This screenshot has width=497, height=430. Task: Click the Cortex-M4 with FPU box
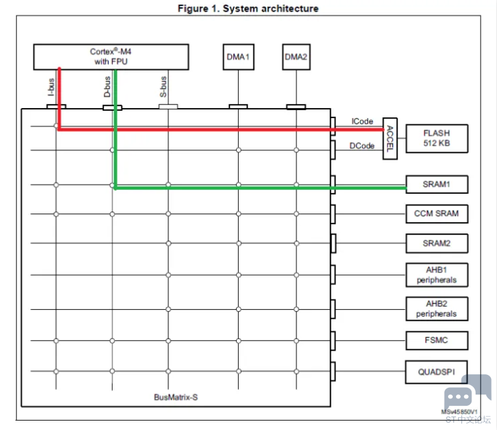[111, 57]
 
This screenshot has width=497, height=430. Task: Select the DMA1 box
[238, 57]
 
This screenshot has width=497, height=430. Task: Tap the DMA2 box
[296, 57]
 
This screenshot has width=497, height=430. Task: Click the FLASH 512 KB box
[437, 138]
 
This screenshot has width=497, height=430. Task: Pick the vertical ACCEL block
[390, 139]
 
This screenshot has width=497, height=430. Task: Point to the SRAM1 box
[437, 184]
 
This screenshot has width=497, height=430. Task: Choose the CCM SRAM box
[437, 214]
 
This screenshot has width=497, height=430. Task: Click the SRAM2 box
[437, 244]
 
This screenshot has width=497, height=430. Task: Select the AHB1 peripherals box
[437, 275]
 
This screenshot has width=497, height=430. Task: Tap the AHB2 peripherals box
[437, 309]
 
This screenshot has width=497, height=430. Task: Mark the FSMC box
[437, 340]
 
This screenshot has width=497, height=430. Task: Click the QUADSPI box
[437, 372]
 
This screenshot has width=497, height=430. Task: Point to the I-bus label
[51, 87]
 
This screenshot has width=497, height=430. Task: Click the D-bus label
[107, 87]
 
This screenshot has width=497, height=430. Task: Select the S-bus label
[163, 87]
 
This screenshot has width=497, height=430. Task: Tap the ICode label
[362, 121]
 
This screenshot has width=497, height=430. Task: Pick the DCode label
[362, 146]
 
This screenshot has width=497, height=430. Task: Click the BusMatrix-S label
[176, 397]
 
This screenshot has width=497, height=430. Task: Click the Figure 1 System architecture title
[248, 8]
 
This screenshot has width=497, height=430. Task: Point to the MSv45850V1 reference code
[459, 412]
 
